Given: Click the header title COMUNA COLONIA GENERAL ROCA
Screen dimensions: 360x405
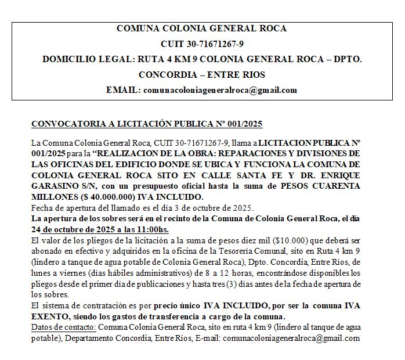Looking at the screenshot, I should point(202,28).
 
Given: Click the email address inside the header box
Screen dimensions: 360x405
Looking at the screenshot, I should point(220,90).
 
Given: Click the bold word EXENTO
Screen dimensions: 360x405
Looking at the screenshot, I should point(49,316).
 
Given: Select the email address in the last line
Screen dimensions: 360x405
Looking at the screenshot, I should point(291,337).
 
